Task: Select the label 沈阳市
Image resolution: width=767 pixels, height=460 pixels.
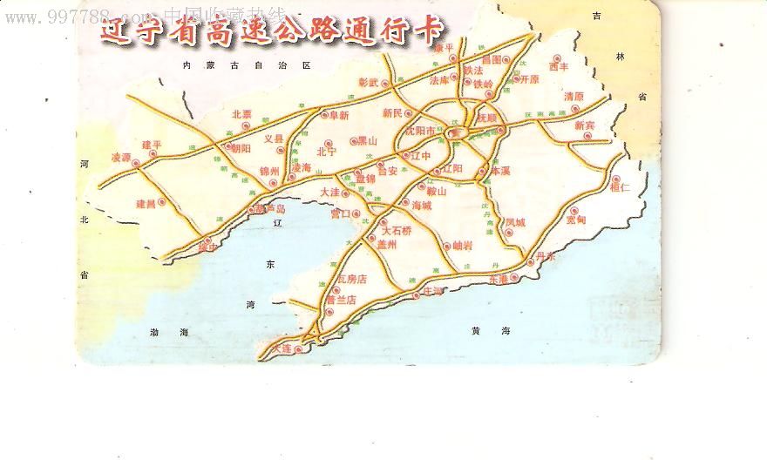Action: [x=424, y=131]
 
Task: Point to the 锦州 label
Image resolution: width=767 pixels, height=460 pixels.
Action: [x=268, y=172]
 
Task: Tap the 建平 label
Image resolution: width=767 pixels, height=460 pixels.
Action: [x=152, y=144]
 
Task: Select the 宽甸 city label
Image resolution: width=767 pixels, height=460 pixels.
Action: [x=576, y=220]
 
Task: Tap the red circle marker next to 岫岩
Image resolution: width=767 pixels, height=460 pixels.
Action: [x=446, y=246]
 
